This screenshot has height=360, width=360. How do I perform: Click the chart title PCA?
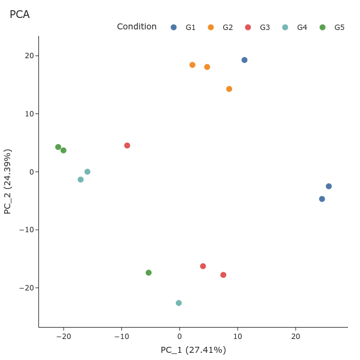click(20, 14)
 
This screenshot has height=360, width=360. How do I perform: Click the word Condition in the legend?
click(137, 27)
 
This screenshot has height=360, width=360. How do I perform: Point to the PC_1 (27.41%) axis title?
click(193, 350)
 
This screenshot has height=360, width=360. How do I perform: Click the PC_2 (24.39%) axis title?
click(8, 182)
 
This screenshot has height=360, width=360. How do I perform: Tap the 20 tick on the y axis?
click(28, 56)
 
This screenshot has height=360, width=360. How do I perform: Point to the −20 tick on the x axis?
click(64, 337)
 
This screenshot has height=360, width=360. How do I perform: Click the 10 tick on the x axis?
click(238, 337)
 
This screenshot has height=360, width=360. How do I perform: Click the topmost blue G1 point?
click(244, 60)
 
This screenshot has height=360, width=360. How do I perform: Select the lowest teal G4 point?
click(179, 303)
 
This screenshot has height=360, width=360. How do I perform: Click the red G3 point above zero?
click(127, 146)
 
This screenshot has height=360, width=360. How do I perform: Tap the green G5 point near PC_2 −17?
click(149, 273)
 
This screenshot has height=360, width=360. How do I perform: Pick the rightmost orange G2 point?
click(229, 89)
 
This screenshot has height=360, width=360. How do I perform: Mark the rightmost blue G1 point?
click(329, 187)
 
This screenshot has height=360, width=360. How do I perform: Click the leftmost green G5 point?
click(58, 147)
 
